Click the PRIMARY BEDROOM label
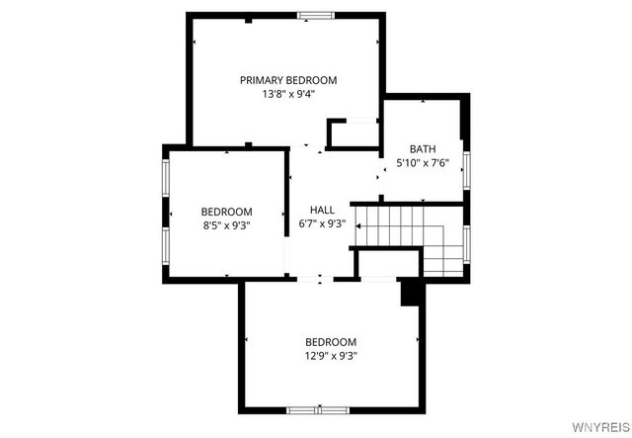(x=288, y=80)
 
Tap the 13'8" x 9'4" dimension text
(x=288, y=96)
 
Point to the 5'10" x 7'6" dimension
(x=423, y=163)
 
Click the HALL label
(x=322, y=210)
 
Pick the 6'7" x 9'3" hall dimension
(x=322, y=223)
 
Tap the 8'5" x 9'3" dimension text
(x=226, y=225)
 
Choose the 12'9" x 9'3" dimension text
(x=330, y=356)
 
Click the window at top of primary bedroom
(x=316, y=15)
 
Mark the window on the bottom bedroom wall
(x=319, y=408)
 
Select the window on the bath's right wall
(x=468, y=167)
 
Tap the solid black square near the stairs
(x=410, y=292)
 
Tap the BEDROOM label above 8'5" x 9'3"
(x=226, y=211)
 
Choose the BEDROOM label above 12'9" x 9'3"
(x=330, y=341)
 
